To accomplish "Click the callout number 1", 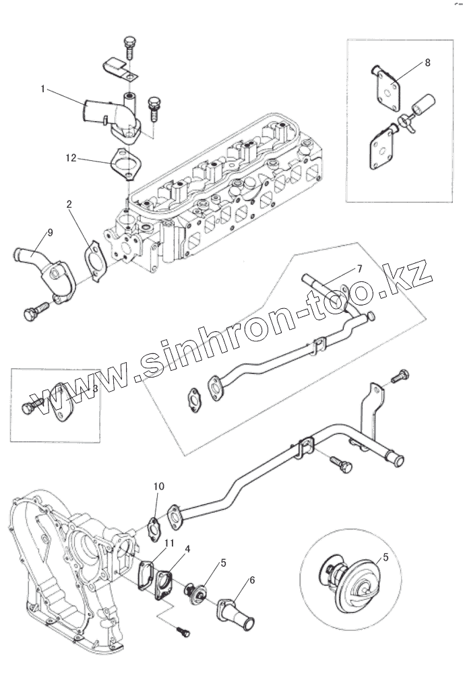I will tap(42, 89).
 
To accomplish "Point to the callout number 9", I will tap(49, 233).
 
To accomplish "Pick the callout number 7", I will tap(359, 269).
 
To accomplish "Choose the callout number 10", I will tap(158, 485).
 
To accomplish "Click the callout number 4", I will tap(187, 549).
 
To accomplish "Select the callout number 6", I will tap(252, 579).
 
